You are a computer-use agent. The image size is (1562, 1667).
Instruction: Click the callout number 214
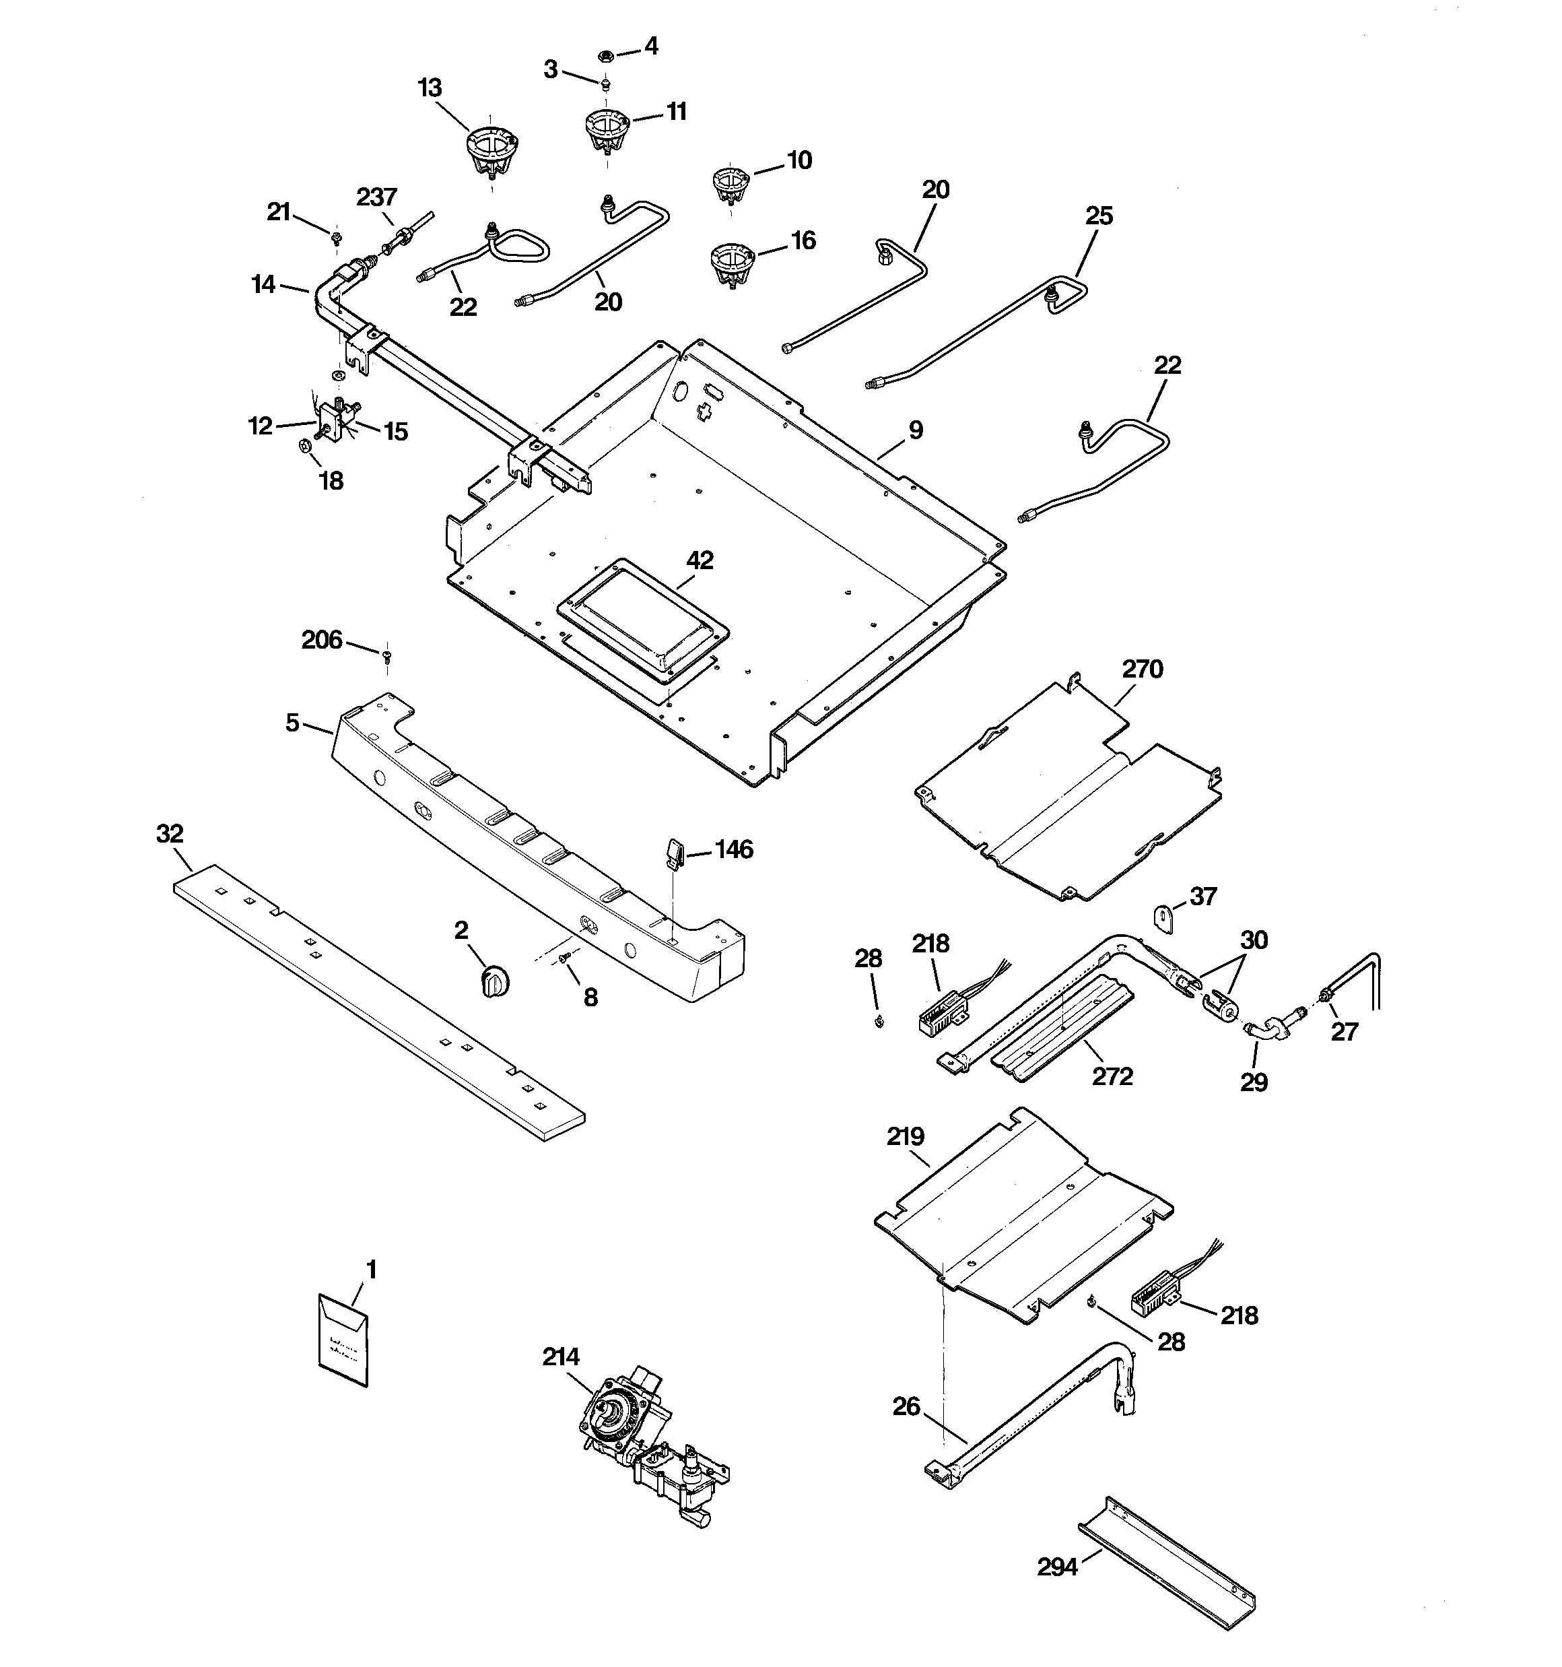561,1357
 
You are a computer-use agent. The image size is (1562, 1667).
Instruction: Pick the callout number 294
1056,1567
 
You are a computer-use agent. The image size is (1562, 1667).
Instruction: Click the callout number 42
700,560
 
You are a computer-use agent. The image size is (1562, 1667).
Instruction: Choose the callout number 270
1142,669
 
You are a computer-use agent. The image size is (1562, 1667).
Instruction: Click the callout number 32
170,834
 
